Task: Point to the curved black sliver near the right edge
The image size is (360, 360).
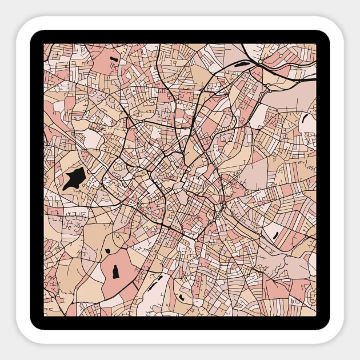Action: pyautogui.click(x=304, y=123)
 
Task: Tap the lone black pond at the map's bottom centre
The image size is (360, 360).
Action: pyautogui.click(x=182, y=297)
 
